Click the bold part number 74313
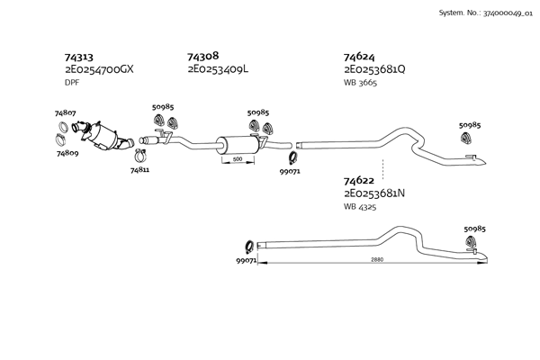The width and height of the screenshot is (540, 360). [x=79, y=58]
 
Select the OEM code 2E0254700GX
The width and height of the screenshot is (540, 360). [x=99, y=69]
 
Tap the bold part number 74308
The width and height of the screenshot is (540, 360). [x=203, y=56]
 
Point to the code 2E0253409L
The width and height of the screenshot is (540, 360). [x=218, y=69]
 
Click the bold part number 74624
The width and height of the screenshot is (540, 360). [x=359, y=57]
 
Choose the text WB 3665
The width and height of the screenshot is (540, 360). [x=360, y=83]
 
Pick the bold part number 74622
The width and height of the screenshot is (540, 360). [x=359, y=181]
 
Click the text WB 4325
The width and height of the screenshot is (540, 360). [x=360, y=207]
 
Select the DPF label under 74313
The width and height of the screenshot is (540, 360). [x=72, y=83]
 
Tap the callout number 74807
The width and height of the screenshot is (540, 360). [x=65, y=113]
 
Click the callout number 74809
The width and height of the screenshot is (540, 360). [x=67, y=153]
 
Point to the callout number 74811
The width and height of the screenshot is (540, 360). [x=139, y=170]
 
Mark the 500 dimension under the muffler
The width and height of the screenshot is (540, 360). [x=238, y=159]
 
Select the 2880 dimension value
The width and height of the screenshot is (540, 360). [x=377, y=260]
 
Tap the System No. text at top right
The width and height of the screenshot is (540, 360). [x=486, y=13]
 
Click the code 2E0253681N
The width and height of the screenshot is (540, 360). [x=374, y=193]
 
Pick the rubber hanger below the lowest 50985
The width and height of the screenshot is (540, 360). [x=471, y=242]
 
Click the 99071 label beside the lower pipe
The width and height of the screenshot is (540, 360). [x=247, y=261]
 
